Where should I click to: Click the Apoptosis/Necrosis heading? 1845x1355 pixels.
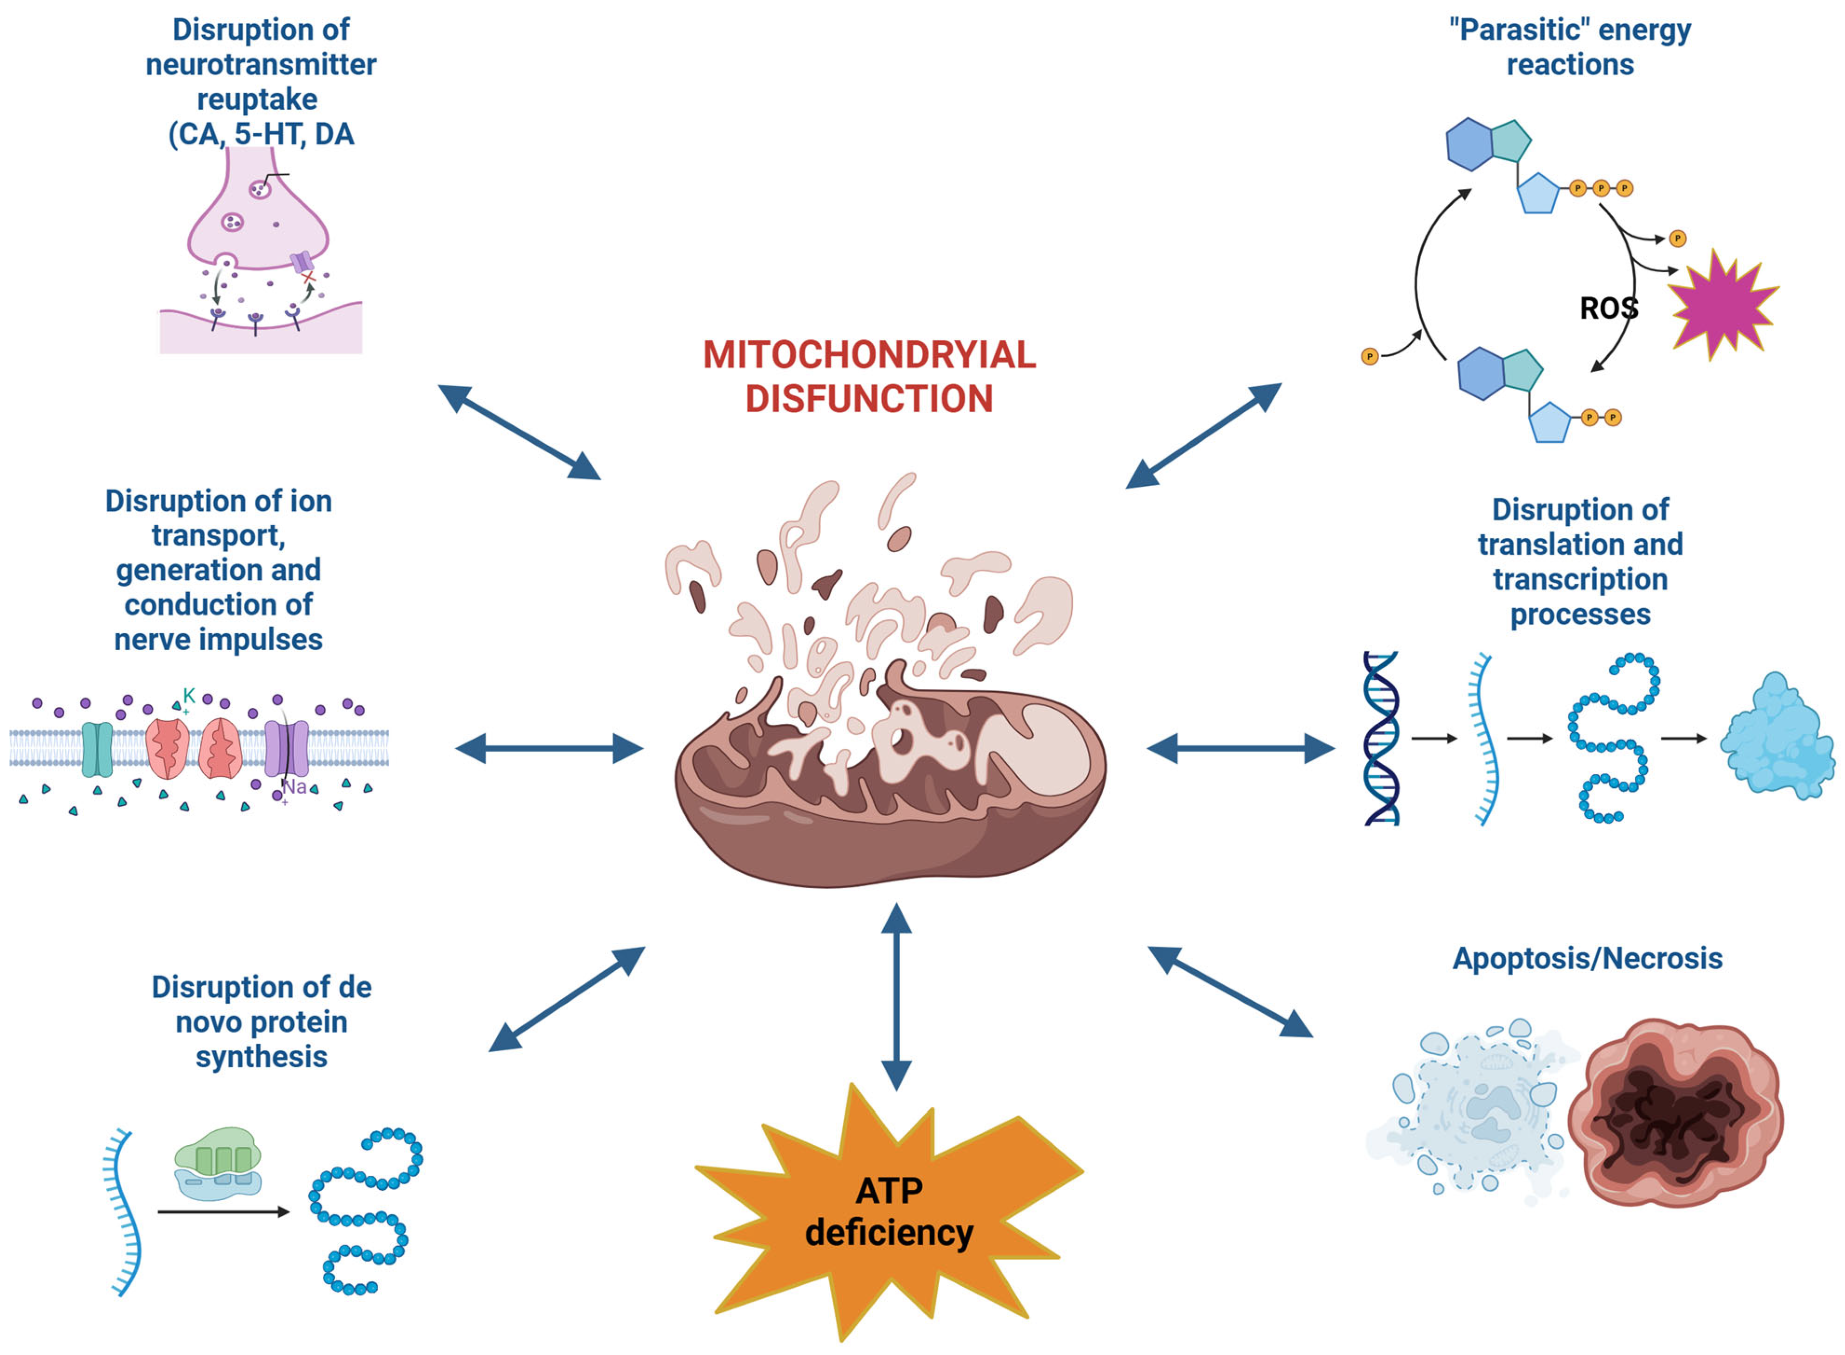pos(1587,958)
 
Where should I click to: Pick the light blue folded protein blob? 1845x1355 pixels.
pos(1775,738)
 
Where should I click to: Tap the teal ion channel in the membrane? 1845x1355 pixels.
pos(97,749)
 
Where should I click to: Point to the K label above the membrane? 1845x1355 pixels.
pos(188,695)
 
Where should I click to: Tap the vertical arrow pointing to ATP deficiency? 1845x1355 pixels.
pos(896,996)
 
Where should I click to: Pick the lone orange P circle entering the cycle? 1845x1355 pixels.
pos(1369,356)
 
